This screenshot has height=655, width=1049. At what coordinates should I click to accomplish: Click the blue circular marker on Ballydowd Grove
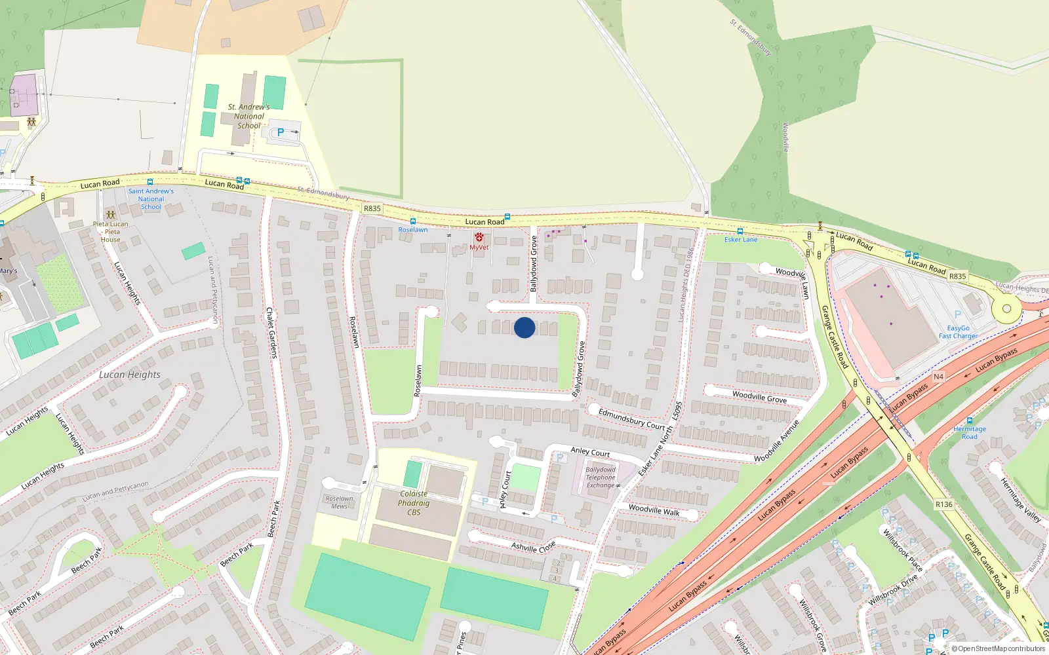[524, 327]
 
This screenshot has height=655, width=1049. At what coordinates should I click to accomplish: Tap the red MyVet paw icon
[479, 237]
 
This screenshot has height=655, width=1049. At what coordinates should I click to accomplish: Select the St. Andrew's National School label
[249, 116]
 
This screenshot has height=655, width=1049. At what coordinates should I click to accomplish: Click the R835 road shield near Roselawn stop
[372, 208]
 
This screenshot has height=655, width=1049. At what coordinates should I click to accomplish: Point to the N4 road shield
[938, 377]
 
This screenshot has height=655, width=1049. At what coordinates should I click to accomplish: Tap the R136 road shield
[943, 504]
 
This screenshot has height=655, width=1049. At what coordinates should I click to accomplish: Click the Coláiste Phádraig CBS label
[414, 503]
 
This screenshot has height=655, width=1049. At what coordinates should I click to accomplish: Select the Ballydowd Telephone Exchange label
[601, 477]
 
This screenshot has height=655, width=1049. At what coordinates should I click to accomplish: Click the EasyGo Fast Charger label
[958, 332]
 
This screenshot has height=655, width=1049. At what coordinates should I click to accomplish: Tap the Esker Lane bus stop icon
[740, 231]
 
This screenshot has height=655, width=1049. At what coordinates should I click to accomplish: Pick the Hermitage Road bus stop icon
[970, 421]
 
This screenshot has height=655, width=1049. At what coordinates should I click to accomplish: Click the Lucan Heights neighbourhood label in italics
[130, 375]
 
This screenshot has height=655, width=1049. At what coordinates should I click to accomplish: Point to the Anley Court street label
[590, 452]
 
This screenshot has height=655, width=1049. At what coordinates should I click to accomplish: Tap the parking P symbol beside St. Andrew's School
[281, 132]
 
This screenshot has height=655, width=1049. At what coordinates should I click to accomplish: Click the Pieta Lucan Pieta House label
[110, 231]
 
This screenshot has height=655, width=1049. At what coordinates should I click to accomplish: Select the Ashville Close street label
[533, 546]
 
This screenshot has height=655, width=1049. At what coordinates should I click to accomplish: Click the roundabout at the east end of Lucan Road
[1006, 308]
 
